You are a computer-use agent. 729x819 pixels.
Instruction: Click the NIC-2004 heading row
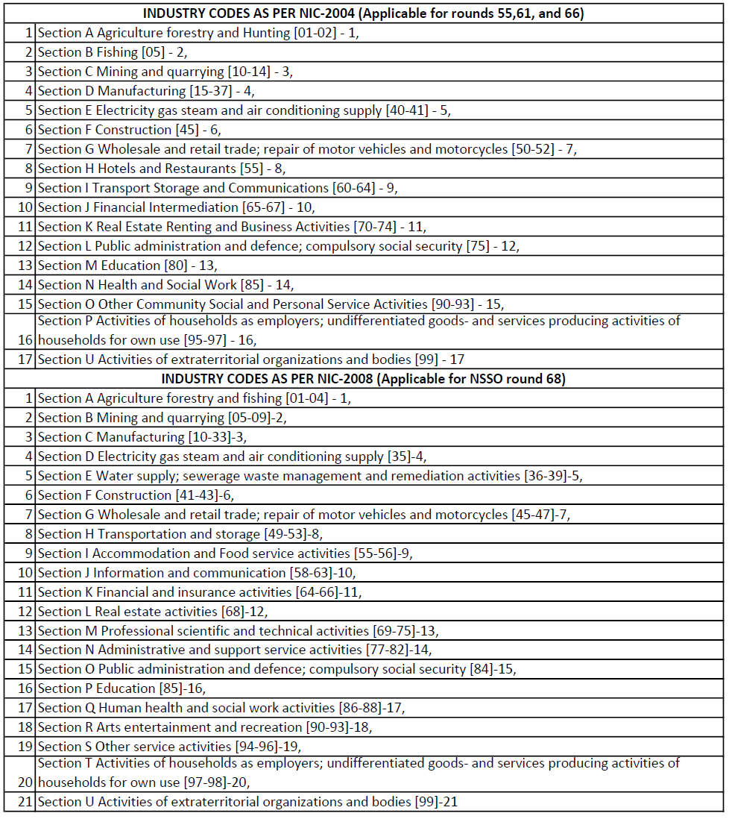pos(363,13)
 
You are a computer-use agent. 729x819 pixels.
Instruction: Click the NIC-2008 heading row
pos(363,379)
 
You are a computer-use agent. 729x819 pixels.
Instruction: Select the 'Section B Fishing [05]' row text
pos(112,52)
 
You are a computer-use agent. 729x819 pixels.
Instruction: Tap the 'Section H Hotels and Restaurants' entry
pos(161,169)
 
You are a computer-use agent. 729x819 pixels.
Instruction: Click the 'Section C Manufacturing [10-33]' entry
pos(142,437)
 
